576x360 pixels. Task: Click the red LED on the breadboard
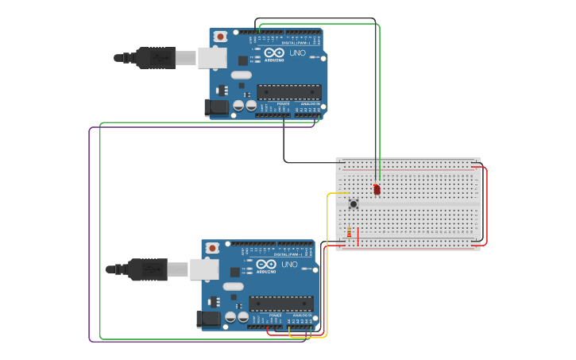click(x=377, y=190)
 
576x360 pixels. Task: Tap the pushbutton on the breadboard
click(x=354, y=204)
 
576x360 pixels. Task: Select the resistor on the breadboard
click(x=349, y=232)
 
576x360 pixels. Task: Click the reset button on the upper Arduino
click(x=220, y=37)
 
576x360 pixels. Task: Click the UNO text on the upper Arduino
click(x=297, y=53)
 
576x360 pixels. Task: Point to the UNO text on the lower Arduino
click(x=289, y=265)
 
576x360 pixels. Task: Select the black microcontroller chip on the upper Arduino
click(x=289, y=91)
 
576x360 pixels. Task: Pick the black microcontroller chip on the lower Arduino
click(x=281, y=303)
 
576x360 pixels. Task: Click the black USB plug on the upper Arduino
click(x=155, y=58)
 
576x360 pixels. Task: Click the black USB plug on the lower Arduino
click(x=147, y=269)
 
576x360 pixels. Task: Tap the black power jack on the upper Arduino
click(x=216, y=108)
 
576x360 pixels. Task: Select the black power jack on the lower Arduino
click(x=208, y=319)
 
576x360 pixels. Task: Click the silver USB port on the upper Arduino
click(x=211, y=57)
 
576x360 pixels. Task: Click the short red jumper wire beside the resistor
click(x=358, y=237)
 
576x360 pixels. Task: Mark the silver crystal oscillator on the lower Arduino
click(x=233, y=286)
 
